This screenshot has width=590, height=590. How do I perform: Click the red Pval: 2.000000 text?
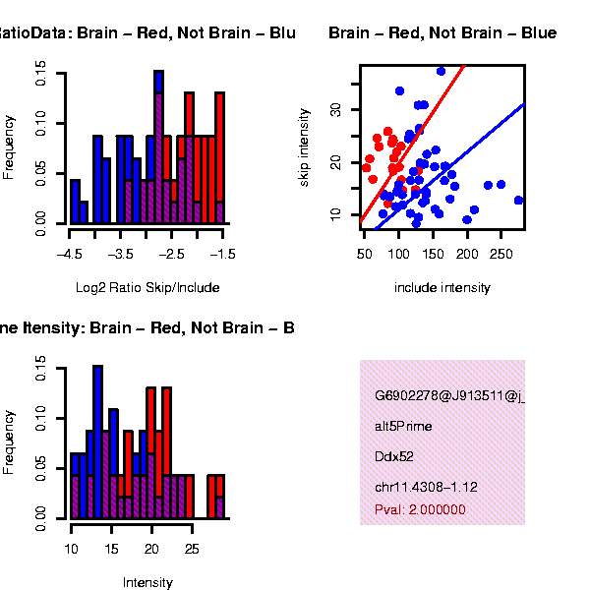coord(420,510)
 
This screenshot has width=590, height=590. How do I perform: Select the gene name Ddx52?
coord(391,457)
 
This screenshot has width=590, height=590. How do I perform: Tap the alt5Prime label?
coord(403,427)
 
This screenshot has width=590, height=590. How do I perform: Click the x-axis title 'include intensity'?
coord(442,288)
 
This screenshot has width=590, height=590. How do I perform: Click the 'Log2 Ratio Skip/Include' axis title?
coord(147,288)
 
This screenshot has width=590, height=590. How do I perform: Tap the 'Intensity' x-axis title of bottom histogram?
coord(147,582)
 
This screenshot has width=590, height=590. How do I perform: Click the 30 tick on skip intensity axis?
coord(345,108)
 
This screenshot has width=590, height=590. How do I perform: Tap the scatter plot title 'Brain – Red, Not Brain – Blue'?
coord(442,33)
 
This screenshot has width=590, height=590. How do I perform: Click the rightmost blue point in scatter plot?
coord(518,201)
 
